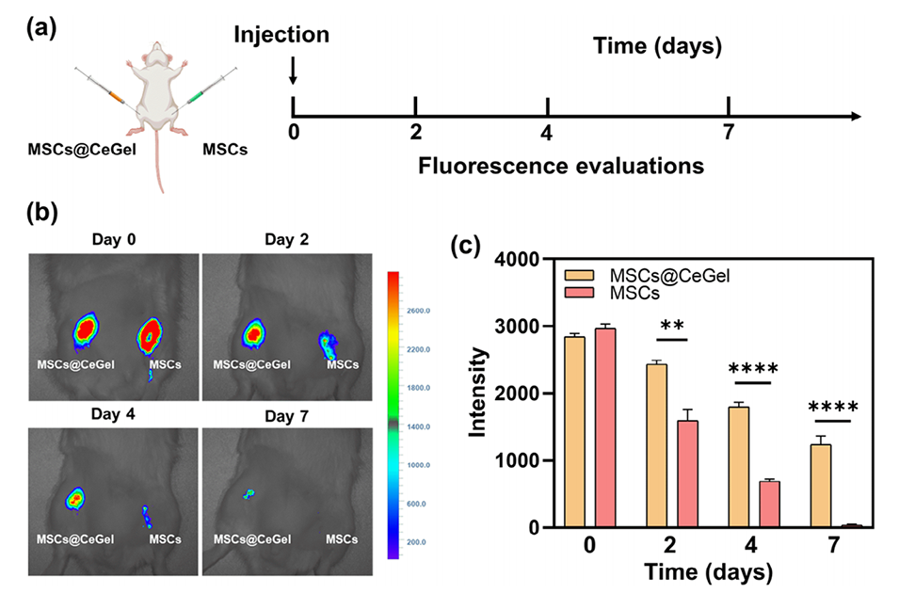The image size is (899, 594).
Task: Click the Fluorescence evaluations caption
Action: (x=561, y=168)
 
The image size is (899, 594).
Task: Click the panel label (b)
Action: (x=42, y=211)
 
